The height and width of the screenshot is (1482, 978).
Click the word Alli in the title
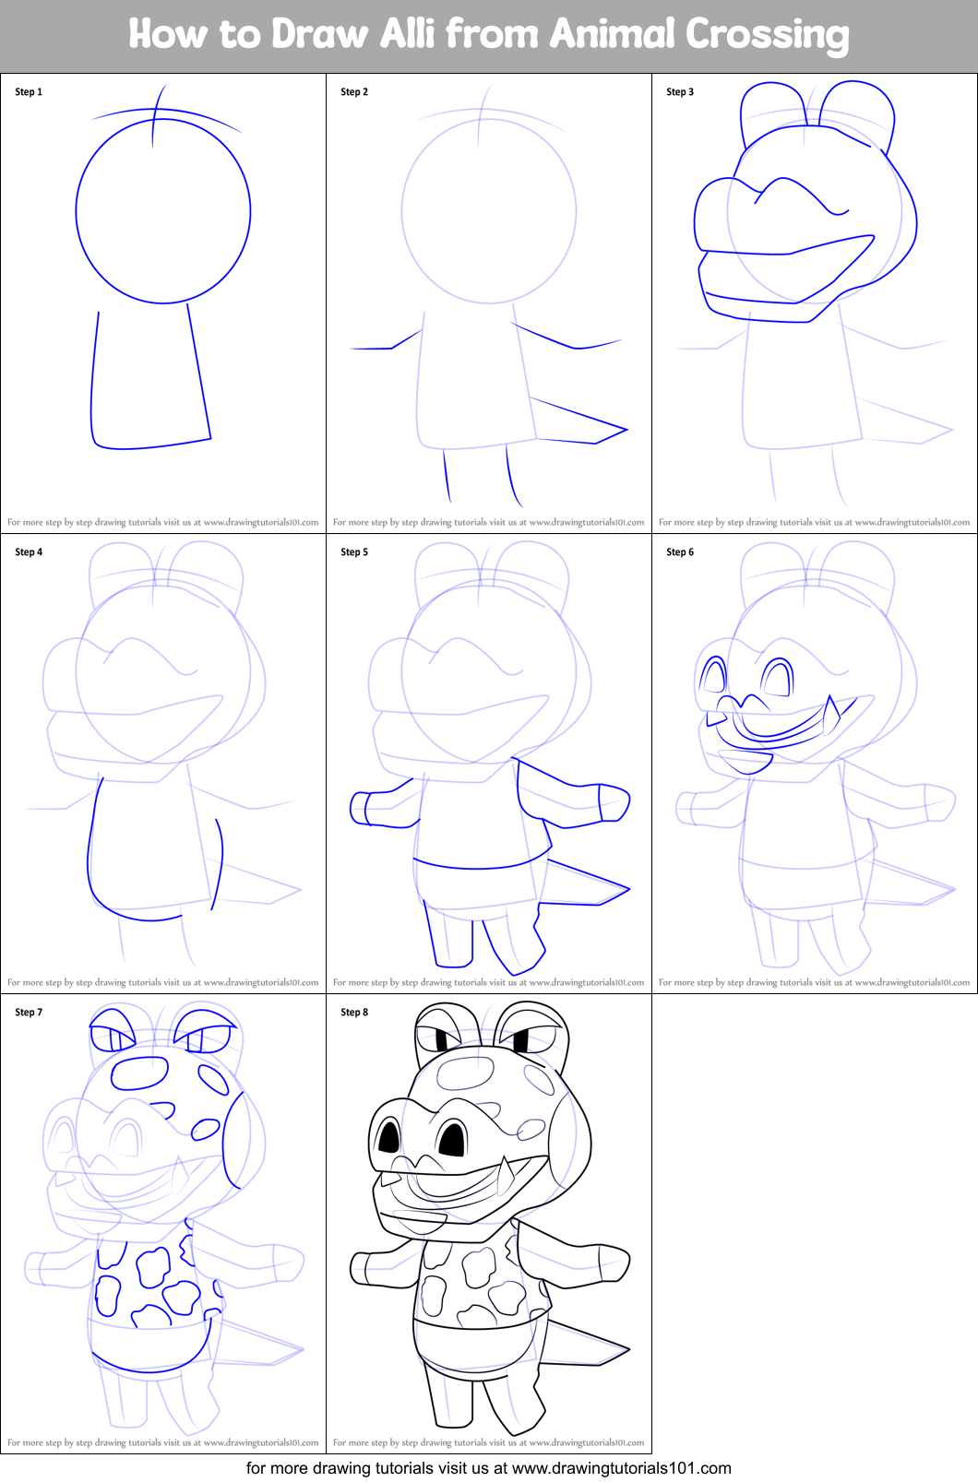point(410,34)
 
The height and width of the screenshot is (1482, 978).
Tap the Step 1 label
point(29,92)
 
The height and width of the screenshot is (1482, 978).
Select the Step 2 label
point(354,92)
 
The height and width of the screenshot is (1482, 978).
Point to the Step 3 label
point(680,92)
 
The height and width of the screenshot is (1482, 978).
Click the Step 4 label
point(29,552)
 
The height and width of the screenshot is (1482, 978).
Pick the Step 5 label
point(354,552)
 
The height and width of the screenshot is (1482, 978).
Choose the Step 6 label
point(680,552)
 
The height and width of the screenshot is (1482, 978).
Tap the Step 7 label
point(29,1013)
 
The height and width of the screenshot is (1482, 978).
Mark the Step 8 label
point(354,1013)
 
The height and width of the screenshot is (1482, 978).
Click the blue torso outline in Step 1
point(92,387)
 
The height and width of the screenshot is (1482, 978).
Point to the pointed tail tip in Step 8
point(626,1351)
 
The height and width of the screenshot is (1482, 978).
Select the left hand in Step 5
point(359,809)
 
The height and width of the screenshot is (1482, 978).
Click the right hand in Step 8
point(615,1265)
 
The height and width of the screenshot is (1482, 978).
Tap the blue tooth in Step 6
point(830,710)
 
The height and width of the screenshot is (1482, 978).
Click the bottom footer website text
point(489,1468)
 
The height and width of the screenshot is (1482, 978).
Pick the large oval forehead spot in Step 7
point(138,1073)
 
